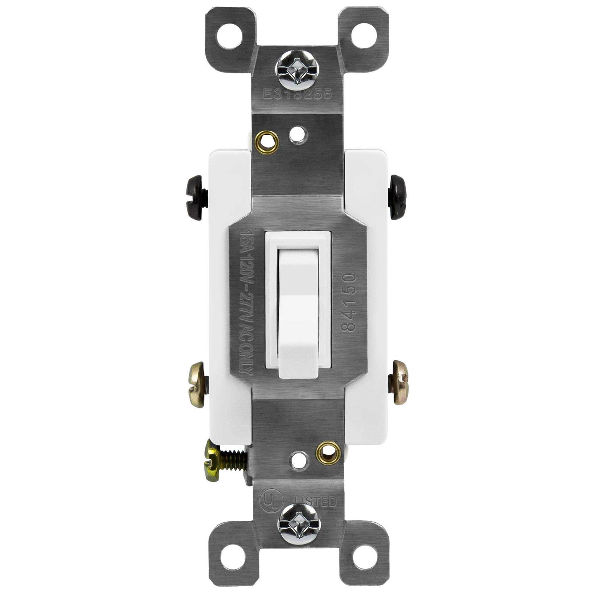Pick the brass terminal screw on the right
pos(397,383)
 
